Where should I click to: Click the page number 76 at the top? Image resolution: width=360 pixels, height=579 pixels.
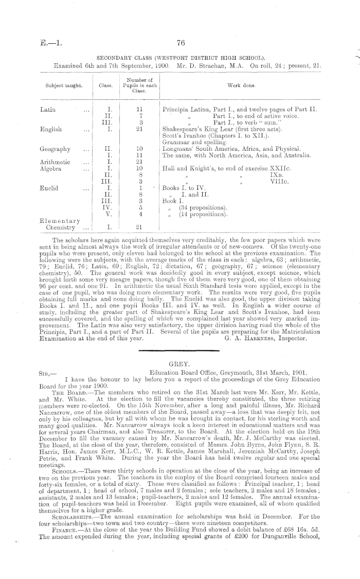(180, 43)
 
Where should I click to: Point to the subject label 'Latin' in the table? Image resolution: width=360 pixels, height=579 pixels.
(47, 110)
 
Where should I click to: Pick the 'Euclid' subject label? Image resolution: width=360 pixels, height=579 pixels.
(49, 188)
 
